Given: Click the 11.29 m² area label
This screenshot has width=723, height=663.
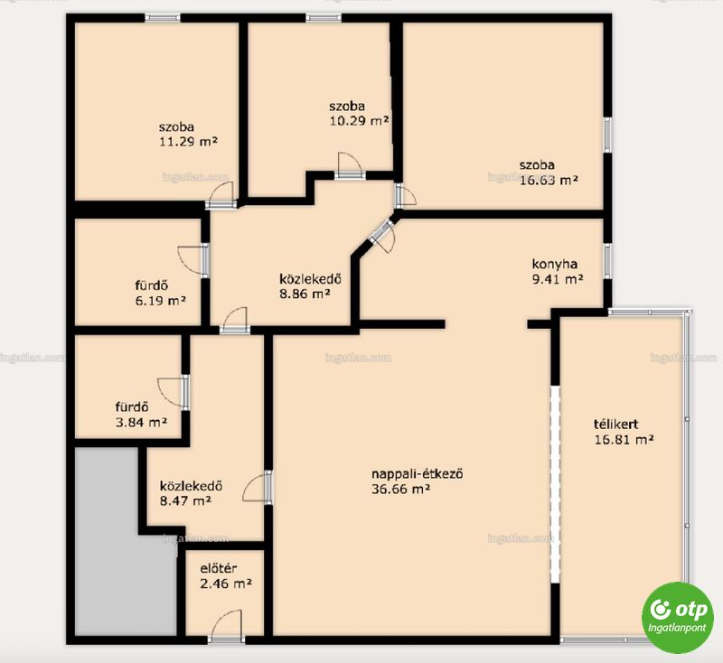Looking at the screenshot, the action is [x=188, y=141].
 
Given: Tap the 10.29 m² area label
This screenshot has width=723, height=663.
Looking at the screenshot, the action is [x=359, y=121].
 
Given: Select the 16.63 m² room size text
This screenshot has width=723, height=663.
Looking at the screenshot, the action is [x=549, y=180].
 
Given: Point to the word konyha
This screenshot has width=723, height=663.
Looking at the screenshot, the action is [x=555, y=264].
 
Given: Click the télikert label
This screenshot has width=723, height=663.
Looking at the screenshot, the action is [x=616, y=424].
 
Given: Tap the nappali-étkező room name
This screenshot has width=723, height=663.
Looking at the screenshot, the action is [x=418, y=473].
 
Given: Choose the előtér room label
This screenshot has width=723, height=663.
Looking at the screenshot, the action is [x=219, y=568].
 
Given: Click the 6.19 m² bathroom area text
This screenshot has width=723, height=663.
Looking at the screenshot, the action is [x=161, y=301].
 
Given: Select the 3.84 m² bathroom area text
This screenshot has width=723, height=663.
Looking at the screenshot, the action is [x=141, y=422].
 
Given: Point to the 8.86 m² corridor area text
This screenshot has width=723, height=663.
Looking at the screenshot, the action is [x=305, y=294].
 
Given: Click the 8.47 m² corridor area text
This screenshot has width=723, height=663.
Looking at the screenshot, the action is [x=185, y=500].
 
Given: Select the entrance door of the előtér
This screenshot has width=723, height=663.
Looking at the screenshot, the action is [x=226, y=627].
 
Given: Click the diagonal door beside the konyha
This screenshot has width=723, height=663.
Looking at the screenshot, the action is [x=382, y=234].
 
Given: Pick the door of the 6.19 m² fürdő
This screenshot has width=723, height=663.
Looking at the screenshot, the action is [x=193, y=260].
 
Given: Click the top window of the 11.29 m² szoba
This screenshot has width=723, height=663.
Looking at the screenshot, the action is [x=163, y=18].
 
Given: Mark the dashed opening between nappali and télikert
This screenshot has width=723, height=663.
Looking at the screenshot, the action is [x=555, y=485].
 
